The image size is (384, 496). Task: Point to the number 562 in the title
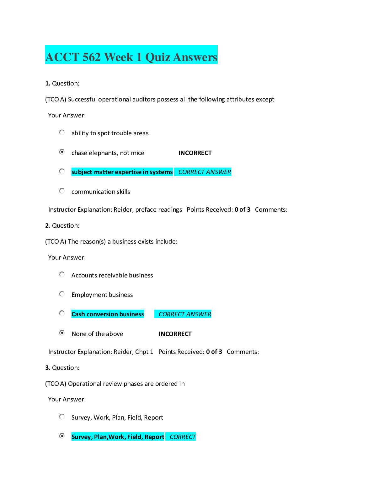pos(92,57)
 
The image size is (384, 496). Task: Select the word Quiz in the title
pos(157,57)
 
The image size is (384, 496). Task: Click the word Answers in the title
pos(195,57)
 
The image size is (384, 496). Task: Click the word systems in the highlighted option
pos(161,172)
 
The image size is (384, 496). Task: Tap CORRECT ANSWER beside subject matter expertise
pos(204,172)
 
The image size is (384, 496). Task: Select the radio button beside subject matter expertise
pos(62,172)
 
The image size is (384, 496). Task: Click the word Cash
pos(78,314)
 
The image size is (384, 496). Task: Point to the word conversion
pos(102,314)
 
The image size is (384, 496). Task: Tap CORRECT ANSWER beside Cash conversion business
pos(184,314)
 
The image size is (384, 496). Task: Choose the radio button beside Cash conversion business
pos(62,313)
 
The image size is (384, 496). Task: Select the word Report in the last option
pos(154,437)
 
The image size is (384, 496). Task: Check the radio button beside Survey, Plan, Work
pos(62,436)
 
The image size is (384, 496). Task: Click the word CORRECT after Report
pos(183,437)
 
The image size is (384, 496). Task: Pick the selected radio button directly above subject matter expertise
pos(62,152)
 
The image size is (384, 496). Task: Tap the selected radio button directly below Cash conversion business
pos(62,333)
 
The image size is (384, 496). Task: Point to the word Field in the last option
pos(135,437)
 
